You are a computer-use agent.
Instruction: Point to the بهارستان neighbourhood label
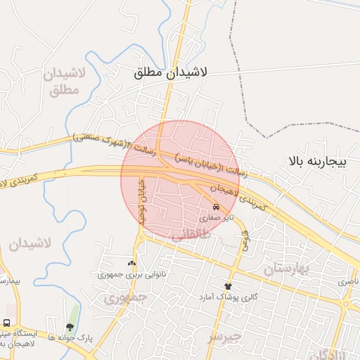pyautogui.click(x=287, y=268)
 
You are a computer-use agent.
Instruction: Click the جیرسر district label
pyautogui.click(x=224, y=337)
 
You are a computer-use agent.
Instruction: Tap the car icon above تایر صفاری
pyautogui.click(x=216, y=207)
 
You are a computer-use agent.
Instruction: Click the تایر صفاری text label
pyautogui.click(x=216, y=218)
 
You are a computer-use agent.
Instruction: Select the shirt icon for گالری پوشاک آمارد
pyautogui.click(x=228, y=286)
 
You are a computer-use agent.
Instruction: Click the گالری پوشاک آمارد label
pyautogui.click(x=228, y=297)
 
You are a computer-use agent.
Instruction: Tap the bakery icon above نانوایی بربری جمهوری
pyautogui.click(x=131, y=264)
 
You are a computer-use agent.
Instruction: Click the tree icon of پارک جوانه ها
pyautogui.click(x=70, y=326)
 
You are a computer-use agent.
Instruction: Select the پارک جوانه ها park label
pyautogui.click(x=70, y=337)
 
